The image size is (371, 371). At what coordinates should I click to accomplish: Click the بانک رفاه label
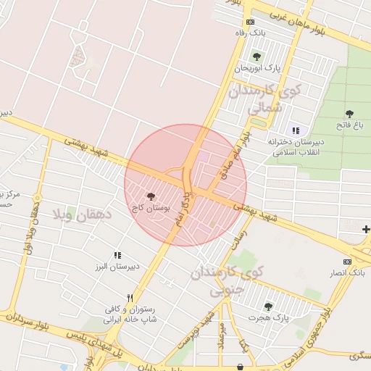tap(251, 33)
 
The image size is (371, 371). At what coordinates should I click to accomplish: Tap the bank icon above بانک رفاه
tap(251, 22)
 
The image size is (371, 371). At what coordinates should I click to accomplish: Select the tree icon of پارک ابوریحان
tap(257, 57)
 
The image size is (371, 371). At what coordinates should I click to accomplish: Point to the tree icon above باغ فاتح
tap(349, 114)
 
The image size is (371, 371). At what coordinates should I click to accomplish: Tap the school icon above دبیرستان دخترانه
tap(295, 131)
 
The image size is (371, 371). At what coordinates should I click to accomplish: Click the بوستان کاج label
tap(151, 207)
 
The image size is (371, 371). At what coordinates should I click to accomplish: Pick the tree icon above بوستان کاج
tap(151, 196)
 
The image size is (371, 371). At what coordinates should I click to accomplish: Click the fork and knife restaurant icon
tap(130, 298)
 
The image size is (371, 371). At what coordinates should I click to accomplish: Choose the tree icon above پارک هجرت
tap(269, 307)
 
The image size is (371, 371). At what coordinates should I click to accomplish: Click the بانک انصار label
tap(347, 272)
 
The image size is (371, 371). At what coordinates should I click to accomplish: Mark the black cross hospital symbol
tap(366, 230)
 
